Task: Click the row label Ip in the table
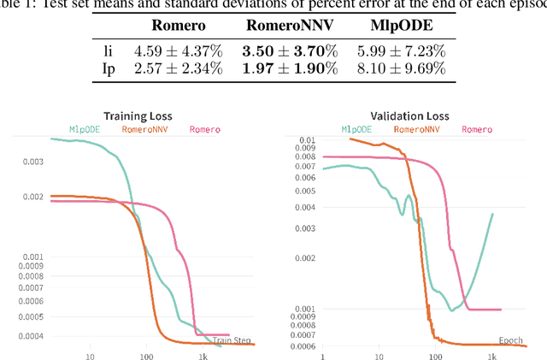[108, 68]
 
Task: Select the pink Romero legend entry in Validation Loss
[477, 129]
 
